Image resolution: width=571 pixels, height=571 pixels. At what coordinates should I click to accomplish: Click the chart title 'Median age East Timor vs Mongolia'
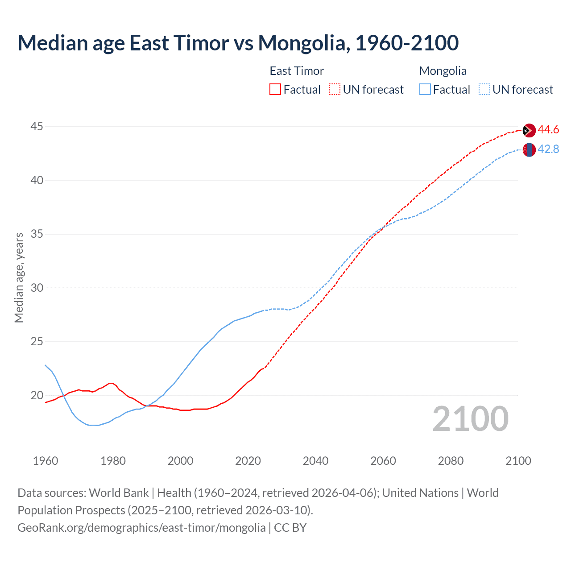click(x=238, y=43)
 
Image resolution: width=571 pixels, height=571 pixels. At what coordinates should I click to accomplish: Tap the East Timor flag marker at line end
click(x=529, y=130)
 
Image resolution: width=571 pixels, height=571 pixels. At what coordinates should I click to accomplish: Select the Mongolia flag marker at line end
click(x=529, y=150)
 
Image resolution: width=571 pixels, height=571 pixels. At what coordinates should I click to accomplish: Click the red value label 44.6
click(x=548, y=130)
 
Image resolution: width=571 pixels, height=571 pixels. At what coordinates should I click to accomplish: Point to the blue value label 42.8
click(x=548, y=149)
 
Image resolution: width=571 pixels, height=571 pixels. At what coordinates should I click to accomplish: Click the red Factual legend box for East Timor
click(x=275, y=90)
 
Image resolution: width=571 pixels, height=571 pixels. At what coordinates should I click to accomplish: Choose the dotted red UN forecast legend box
click(x=335, y=90)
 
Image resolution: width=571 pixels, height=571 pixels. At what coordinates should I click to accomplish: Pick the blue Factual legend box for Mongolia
click(x=425, y=90)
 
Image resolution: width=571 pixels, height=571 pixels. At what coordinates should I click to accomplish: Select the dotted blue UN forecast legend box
click(x=484, y=90)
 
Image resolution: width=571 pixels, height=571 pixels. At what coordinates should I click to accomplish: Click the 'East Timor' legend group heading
click(x=297, y=71)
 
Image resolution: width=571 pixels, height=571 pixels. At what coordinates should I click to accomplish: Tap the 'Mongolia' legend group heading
click(x=443, y=71)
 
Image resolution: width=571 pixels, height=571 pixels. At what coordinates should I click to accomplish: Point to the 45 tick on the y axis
click(x=37, y=127)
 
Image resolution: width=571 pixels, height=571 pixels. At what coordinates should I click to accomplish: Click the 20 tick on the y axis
click(x=37, y=395)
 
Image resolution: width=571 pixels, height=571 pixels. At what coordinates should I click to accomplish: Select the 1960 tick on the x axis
click(x=46, y=461)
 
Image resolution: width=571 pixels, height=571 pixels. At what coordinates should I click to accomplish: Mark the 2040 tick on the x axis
click(x=315, y=461)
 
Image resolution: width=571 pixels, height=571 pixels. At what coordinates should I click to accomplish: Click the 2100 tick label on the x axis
click(x=518, y=461)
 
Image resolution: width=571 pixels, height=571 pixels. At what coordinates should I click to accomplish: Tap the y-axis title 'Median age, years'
click(x=19, y=277)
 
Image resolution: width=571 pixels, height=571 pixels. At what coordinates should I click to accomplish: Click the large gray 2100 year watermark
click(x=470, y=418)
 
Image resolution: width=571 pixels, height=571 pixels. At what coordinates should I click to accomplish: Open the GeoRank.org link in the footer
click(x=141, y=528)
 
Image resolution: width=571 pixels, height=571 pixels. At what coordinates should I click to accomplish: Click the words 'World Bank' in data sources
click(x=119, y=493)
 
